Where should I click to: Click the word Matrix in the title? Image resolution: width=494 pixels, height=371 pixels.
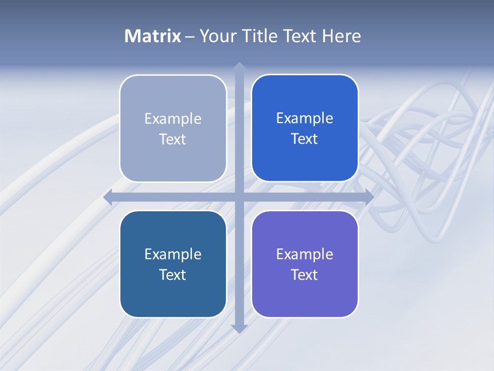pos(152,36)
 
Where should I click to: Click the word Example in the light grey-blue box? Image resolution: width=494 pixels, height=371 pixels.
pos(173,119)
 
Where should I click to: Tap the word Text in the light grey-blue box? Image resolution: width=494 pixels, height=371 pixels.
pos(173,140)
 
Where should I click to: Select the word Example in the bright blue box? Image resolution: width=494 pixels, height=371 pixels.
pos(305,119)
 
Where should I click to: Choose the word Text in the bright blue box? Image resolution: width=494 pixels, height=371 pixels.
pos(305,139)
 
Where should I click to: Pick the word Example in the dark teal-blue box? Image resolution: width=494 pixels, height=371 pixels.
pos(173,255)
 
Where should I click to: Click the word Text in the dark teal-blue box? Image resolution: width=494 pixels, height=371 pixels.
pos(173,275)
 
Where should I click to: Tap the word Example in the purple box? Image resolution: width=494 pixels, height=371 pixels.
pos(305,255)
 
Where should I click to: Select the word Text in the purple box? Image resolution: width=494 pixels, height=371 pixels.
pos(305,275)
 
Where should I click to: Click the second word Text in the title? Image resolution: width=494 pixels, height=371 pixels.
pos(299,36)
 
